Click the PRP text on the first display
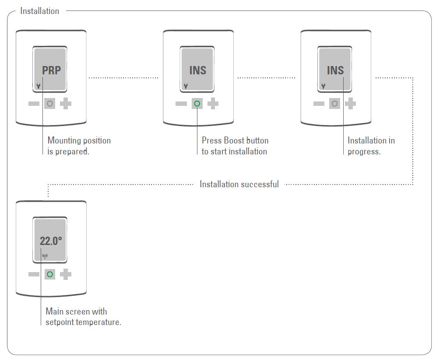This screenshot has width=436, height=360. tap(51, 70)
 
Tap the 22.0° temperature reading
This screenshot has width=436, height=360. tap(51, 241)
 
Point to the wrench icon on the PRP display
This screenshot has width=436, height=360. tap(39, 86)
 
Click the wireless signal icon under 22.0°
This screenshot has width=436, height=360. tap(45, 256)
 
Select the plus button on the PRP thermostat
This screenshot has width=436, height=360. tap(66, 104)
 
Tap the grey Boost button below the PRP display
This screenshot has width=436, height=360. tap(50, 104)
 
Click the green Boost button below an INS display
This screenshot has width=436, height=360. tap(197, 104)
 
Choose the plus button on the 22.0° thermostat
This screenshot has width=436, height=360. tap(66, 275)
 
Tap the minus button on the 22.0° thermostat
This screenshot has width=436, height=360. tap(34, 275)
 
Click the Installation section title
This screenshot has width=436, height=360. tap(40, 11)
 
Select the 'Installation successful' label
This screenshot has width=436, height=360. tap(239, 184)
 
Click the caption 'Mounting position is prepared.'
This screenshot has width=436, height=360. tap(79, 146)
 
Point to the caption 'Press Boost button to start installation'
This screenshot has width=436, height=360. tap(235, 146)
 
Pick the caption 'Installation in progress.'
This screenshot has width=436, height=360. tap(371, 146)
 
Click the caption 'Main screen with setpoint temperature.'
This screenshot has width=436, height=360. tap(83, 317)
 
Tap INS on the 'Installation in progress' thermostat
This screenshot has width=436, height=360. tap(335, 70)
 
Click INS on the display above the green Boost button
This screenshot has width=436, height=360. tap(197, 70)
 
